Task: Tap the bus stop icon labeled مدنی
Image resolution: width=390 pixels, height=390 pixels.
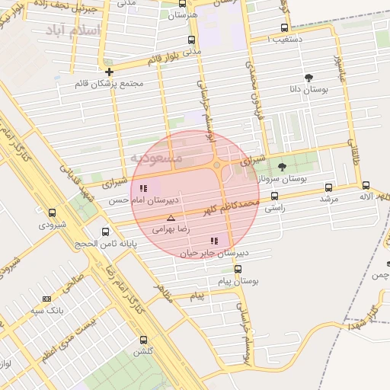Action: coord(190,40)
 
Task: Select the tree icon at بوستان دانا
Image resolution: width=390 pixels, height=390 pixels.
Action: coord(308,78)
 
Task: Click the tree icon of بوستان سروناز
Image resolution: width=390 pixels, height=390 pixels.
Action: coord(282,167)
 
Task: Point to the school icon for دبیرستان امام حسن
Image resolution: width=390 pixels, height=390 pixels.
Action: coord(143,188)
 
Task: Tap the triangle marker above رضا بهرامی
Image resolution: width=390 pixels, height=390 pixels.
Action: coord(171,218)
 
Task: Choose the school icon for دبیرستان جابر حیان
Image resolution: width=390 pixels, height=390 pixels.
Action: coord(214,241)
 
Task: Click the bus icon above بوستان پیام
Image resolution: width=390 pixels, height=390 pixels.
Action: coord(238,269)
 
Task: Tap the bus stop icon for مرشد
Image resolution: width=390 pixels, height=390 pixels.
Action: coord(328,187)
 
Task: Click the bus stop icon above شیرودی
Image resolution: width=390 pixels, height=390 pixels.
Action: coord(52,213)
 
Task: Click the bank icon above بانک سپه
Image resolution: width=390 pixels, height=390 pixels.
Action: coord(47,299)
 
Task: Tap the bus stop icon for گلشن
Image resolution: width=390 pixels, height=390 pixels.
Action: coord(143,340)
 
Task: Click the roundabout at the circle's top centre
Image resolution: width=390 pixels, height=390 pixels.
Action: coord(217,165)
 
